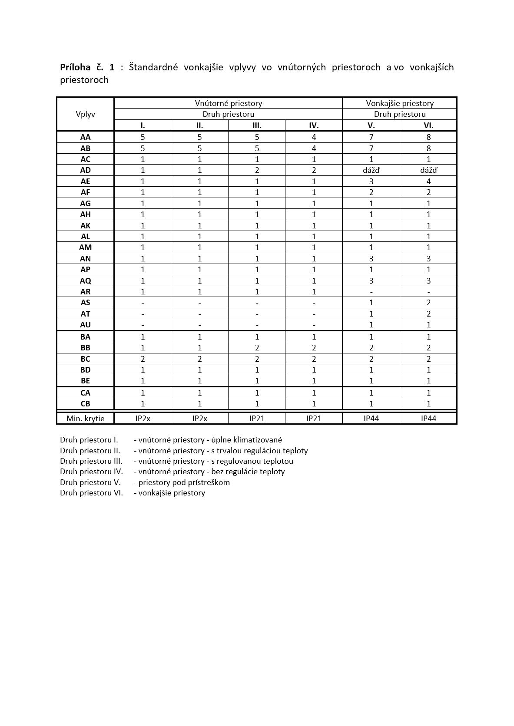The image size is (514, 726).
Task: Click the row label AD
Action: [x=85, y=170]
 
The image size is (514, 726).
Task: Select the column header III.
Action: [x=257, y=125]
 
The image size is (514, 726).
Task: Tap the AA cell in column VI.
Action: [x=428, y=137]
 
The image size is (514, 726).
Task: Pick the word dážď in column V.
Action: [x=371, y=170]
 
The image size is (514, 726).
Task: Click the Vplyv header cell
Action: [x=85, y=114]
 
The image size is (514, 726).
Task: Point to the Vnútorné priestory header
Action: [x=228, y=103]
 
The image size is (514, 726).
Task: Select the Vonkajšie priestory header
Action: [x=400, y=103]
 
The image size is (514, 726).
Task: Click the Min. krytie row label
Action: [x=85, y=419]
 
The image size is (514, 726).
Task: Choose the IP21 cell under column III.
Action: [x=257, y=419]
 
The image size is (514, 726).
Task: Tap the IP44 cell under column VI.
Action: [x=428, y=419]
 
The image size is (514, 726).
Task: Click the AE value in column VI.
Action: [x=428, y=181]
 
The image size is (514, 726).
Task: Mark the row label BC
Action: [x=85, y=359]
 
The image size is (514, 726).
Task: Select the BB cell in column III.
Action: [x=257, y=348]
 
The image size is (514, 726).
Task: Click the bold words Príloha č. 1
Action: [x=87, y=67]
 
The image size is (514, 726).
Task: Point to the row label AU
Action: [x=85, y=325]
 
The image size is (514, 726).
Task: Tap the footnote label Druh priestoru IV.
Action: [x=91, y=472]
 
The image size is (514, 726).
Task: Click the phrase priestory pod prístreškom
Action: [x=184, y=482]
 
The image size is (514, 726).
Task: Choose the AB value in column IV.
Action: [x=314, y=148]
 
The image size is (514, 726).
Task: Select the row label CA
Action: [x=85, y=393]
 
